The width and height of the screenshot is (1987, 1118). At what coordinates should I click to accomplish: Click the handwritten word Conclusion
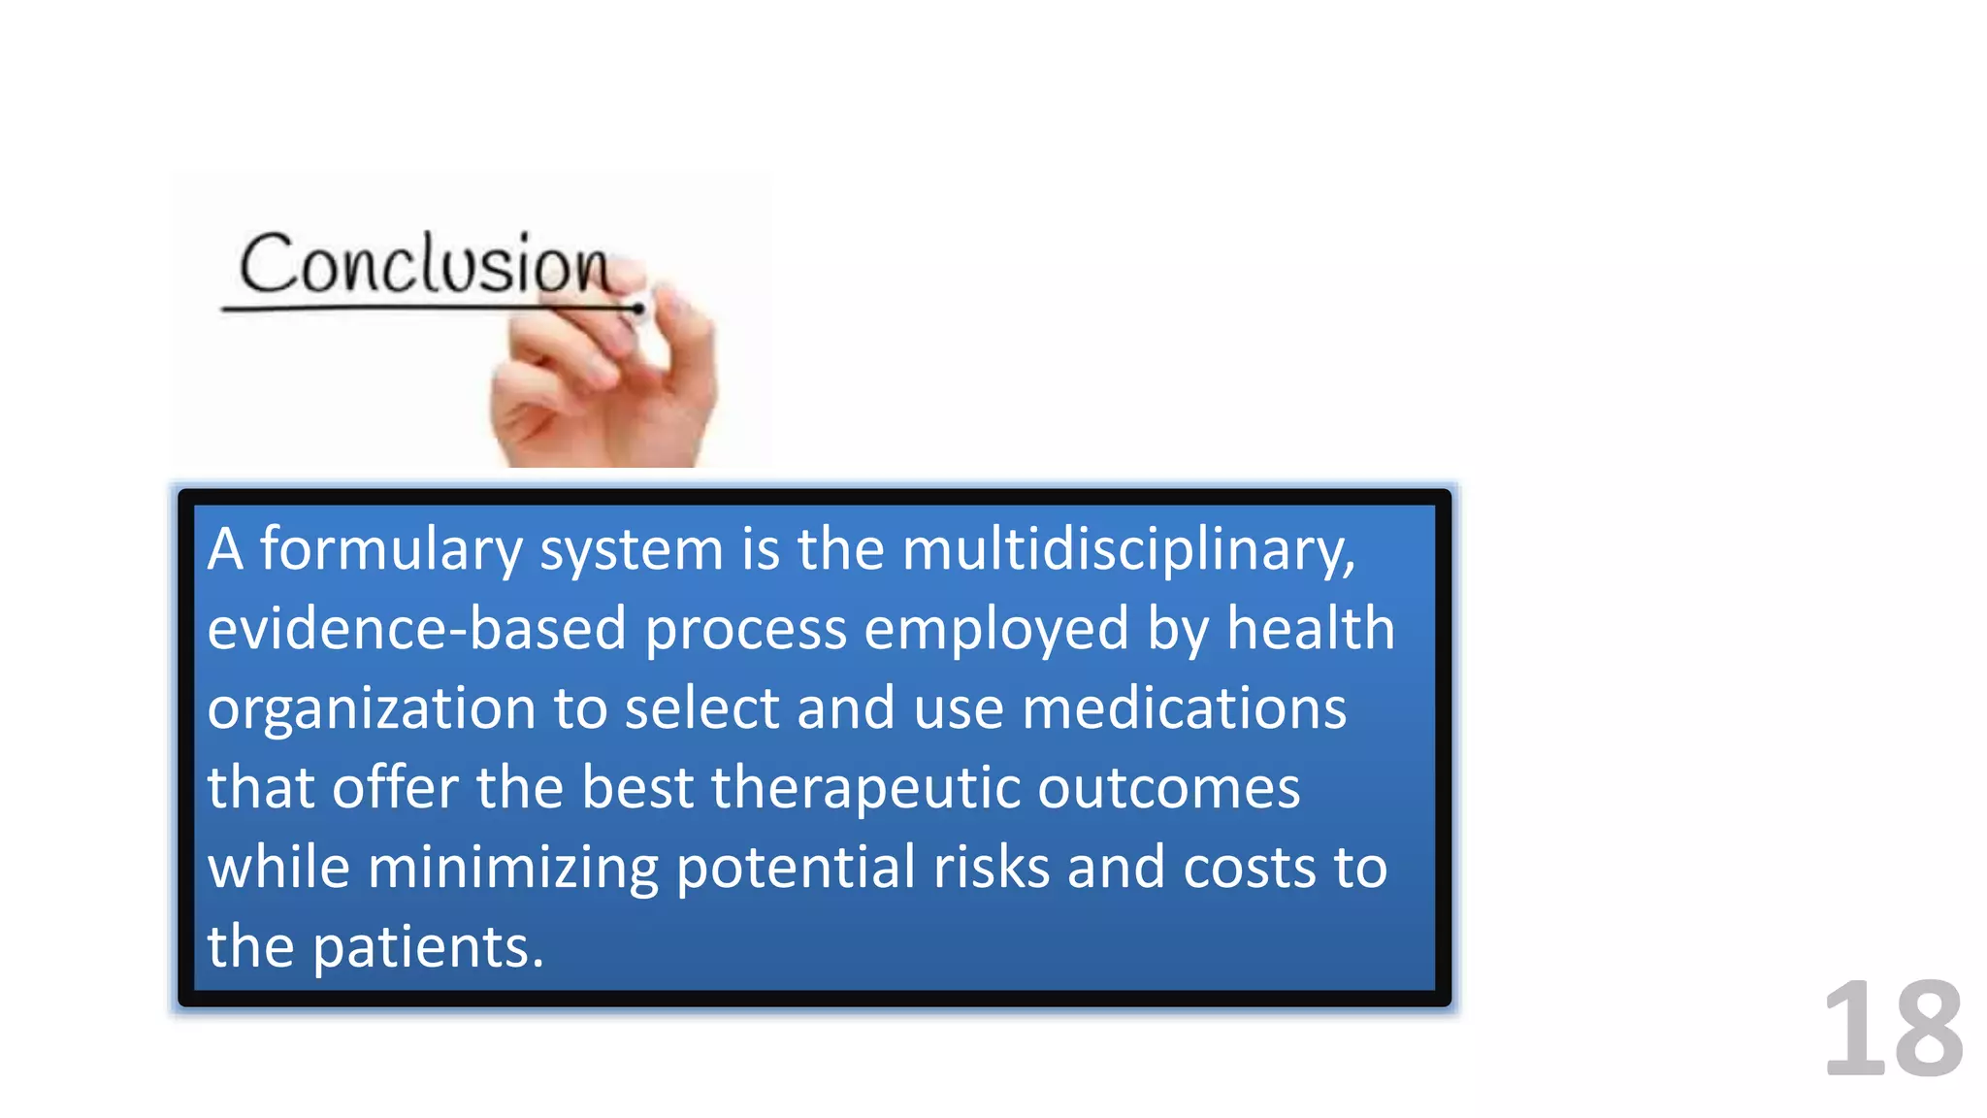424,264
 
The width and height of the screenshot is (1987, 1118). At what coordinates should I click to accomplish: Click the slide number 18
1893,1029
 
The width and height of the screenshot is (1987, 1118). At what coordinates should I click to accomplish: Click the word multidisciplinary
1127,549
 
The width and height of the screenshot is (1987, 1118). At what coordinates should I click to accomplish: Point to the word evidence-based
416,629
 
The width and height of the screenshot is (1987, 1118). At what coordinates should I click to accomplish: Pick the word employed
996,629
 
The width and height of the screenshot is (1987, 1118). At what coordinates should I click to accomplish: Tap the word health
1311,629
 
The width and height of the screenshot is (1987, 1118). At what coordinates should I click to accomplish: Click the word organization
372,708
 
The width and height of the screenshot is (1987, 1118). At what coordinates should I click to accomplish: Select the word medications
1184,708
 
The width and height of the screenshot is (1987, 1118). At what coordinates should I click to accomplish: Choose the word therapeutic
865,787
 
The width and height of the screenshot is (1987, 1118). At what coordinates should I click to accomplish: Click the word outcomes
1169,787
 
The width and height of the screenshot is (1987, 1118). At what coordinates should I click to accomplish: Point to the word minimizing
513,867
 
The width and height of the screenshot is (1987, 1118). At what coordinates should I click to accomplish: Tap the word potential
796,867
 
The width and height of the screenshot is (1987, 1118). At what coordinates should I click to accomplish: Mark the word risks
992,867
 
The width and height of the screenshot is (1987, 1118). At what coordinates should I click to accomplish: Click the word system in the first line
632,549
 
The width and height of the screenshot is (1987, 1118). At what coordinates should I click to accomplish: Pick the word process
746,629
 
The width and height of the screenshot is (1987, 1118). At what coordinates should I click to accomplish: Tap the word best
637,787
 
